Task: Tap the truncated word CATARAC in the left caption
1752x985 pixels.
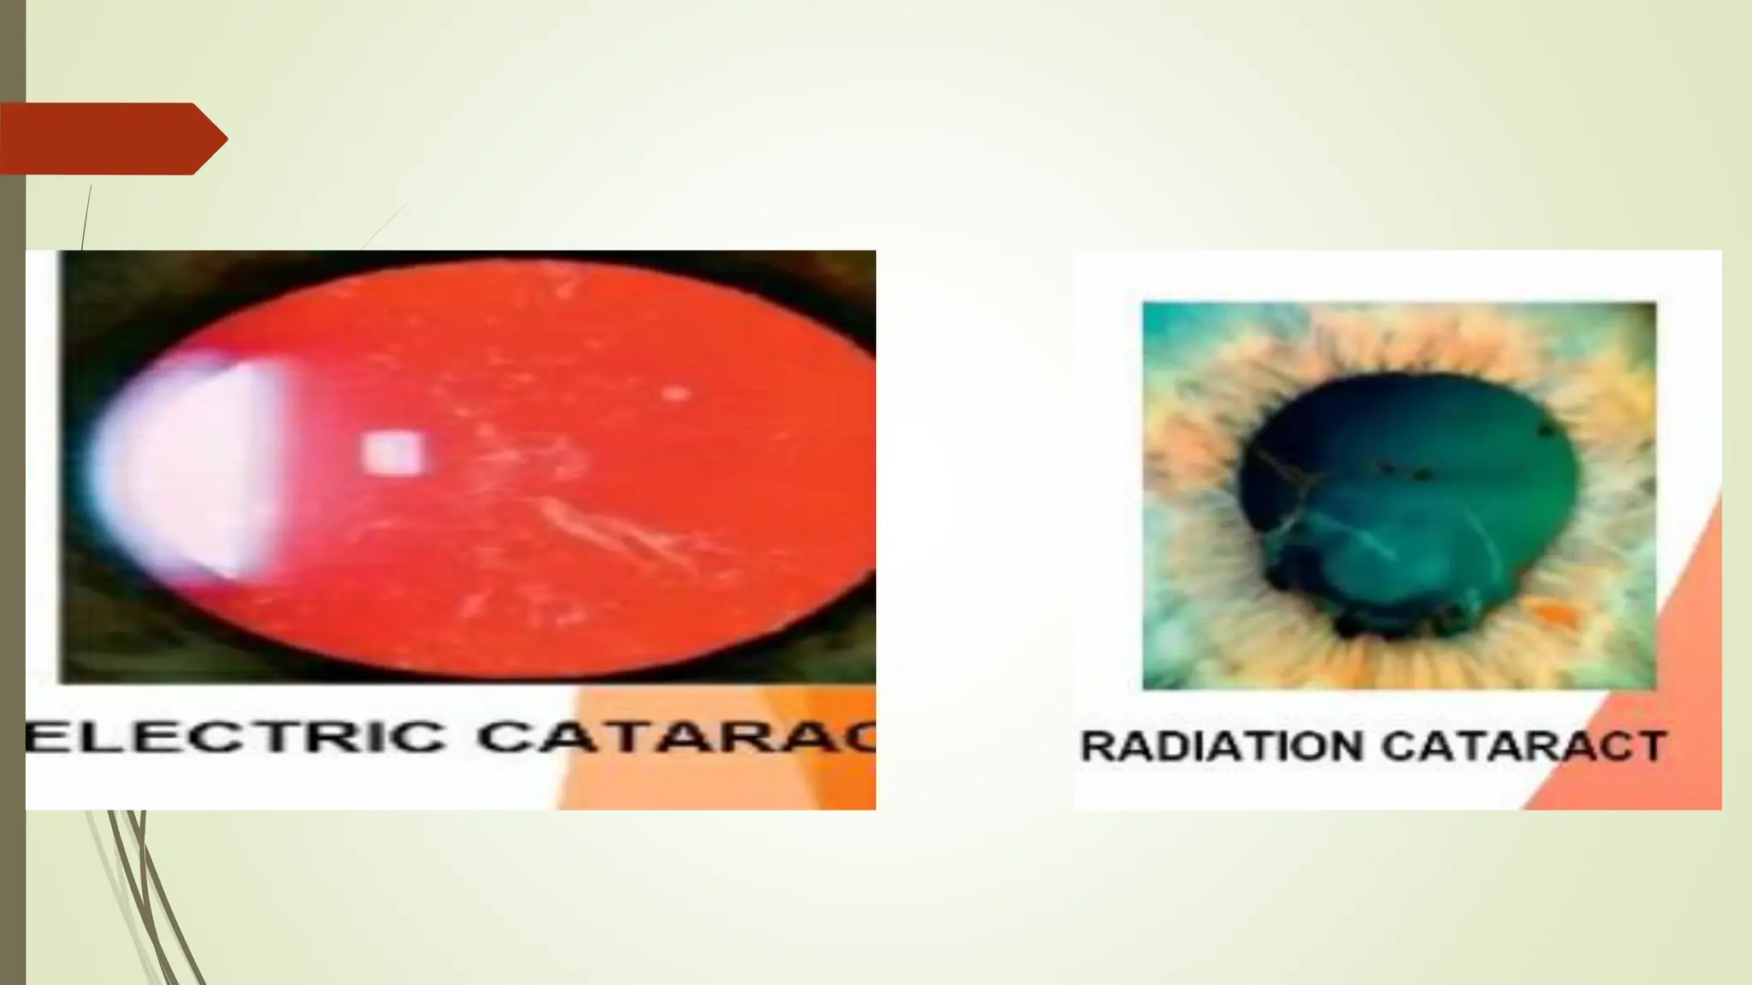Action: (676, 737)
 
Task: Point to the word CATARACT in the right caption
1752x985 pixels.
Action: (1523, 746)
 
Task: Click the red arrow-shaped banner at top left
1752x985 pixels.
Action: (103, 139)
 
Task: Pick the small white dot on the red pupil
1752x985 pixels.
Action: (676, 393)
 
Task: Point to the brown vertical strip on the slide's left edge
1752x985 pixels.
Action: (12, 513)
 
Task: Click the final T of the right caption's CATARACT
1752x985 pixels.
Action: (1649, 746)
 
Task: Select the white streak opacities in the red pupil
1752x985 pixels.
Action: (599, 522)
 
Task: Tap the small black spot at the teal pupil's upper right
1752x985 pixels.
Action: (1547, 429)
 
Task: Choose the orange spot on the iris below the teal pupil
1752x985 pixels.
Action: (1553, 611)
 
